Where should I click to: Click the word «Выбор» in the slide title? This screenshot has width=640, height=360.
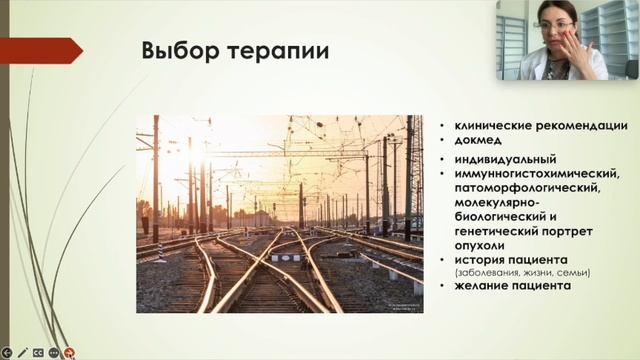tap(172, 50)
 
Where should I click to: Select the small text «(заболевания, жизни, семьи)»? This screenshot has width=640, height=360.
tap(522, 273)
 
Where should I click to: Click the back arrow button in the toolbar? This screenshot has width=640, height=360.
tap(6, 352)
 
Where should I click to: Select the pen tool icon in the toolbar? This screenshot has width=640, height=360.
tap(22, 352)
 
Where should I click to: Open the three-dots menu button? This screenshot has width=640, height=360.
tap(54, 352)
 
